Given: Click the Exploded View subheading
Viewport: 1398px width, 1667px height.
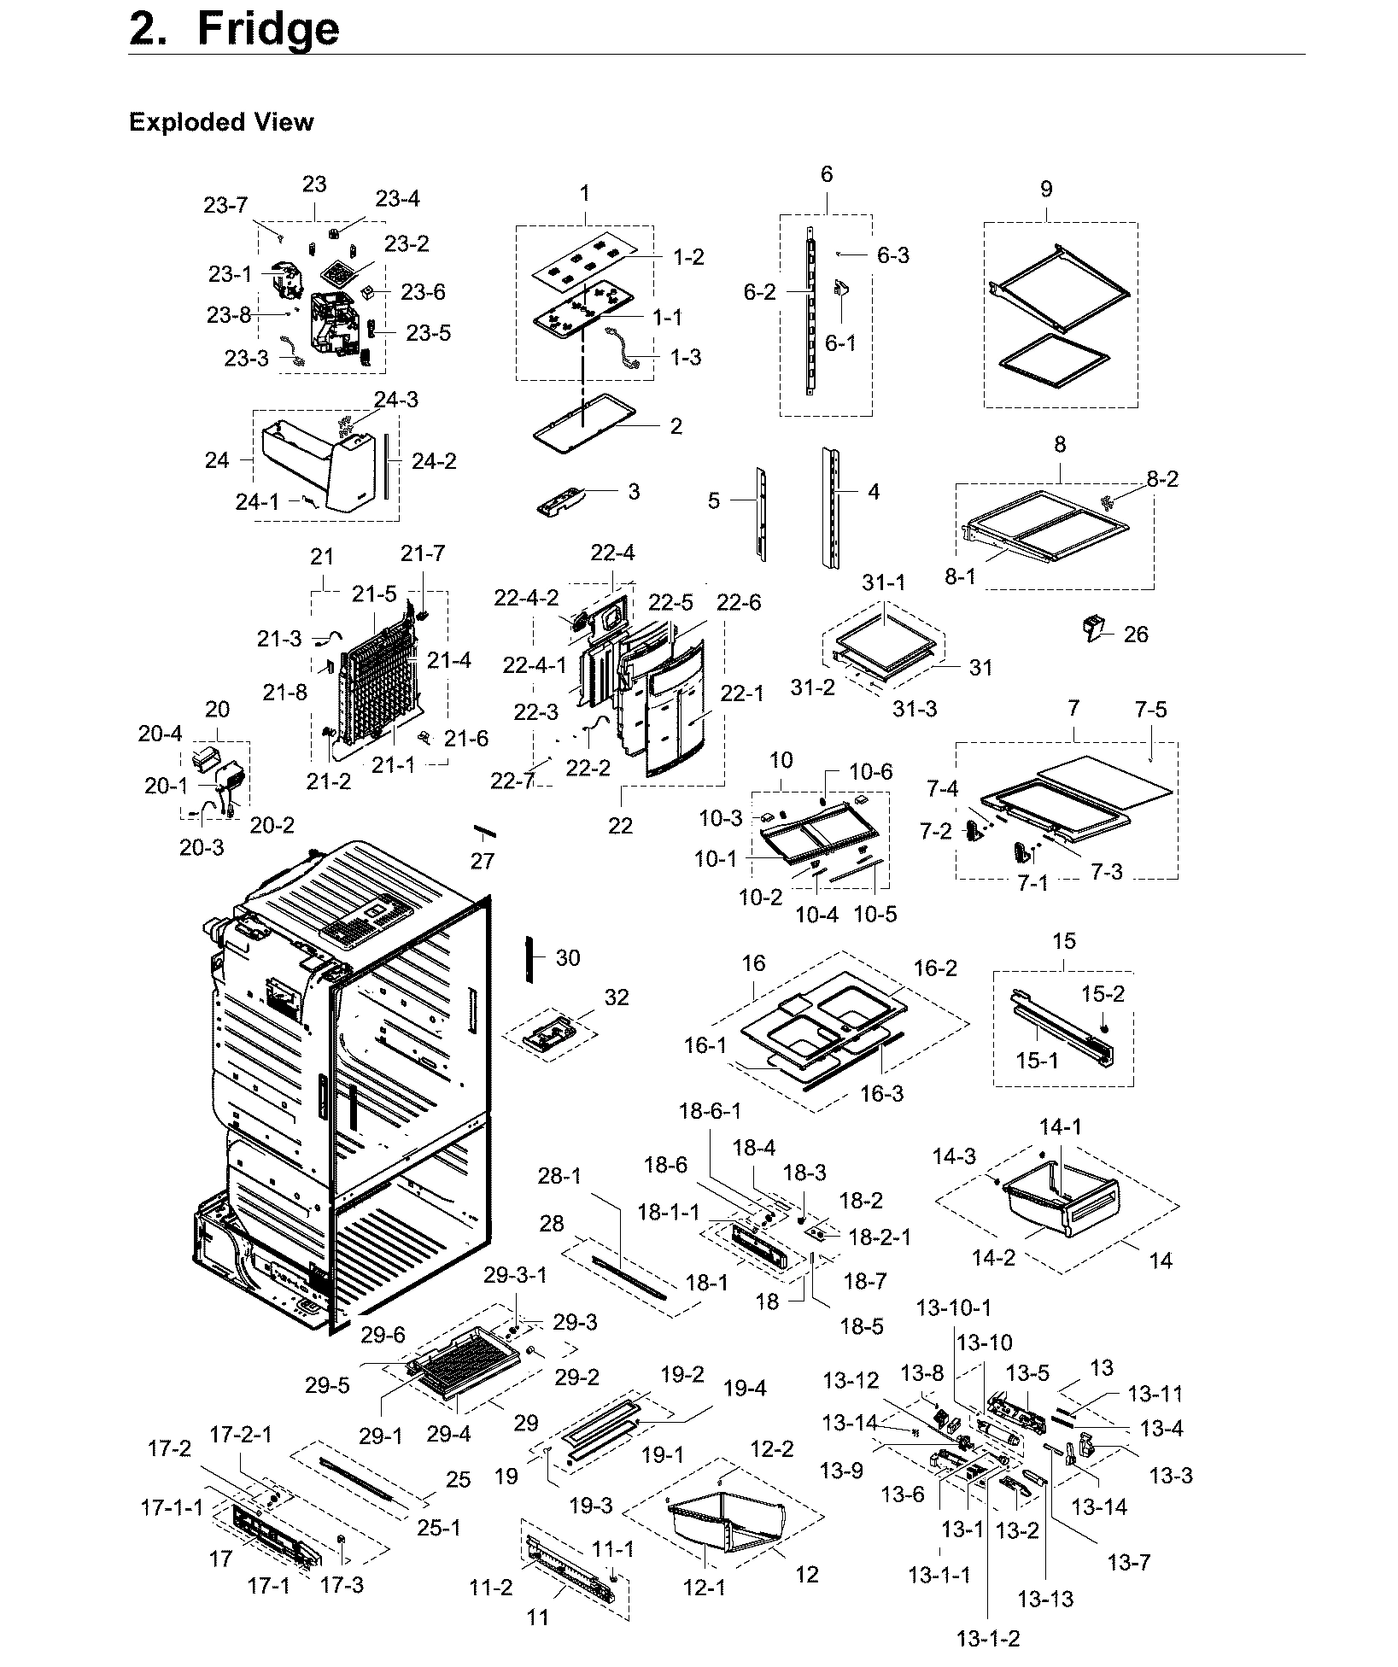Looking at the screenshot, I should [221, 122].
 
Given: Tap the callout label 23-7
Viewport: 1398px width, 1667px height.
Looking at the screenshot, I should [225, 205].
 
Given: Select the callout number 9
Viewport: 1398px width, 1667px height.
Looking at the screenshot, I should [1046, 189].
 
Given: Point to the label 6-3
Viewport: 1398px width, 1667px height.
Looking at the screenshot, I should [893, 255].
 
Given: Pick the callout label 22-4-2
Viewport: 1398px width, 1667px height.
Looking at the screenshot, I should [526, 598].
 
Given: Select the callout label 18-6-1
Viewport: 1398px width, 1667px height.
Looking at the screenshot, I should [710, 1111].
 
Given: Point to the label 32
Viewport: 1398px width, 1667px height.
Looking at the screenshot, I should [616, 997].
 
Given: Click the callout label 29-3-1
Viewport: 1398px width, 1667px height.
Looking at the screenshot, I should [515, 1275].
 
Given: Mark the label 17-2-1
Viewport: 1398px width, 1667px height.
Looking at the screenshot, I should [241, 1435].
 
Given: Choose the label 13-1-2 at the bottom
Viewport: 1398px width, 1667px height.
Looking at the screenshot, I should [988, 1638].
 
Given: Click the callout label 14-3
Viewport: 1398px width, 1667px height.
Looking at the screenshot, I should [953, 1156].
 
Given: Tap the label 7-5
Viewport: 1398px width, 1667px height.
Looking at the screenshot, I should [1150, 710].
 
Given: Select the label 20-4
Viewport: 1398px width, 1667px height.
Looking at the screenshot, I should [161, 734].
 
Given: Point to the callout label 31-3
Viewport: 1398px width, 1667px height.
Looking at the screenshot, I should [915, 708].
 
